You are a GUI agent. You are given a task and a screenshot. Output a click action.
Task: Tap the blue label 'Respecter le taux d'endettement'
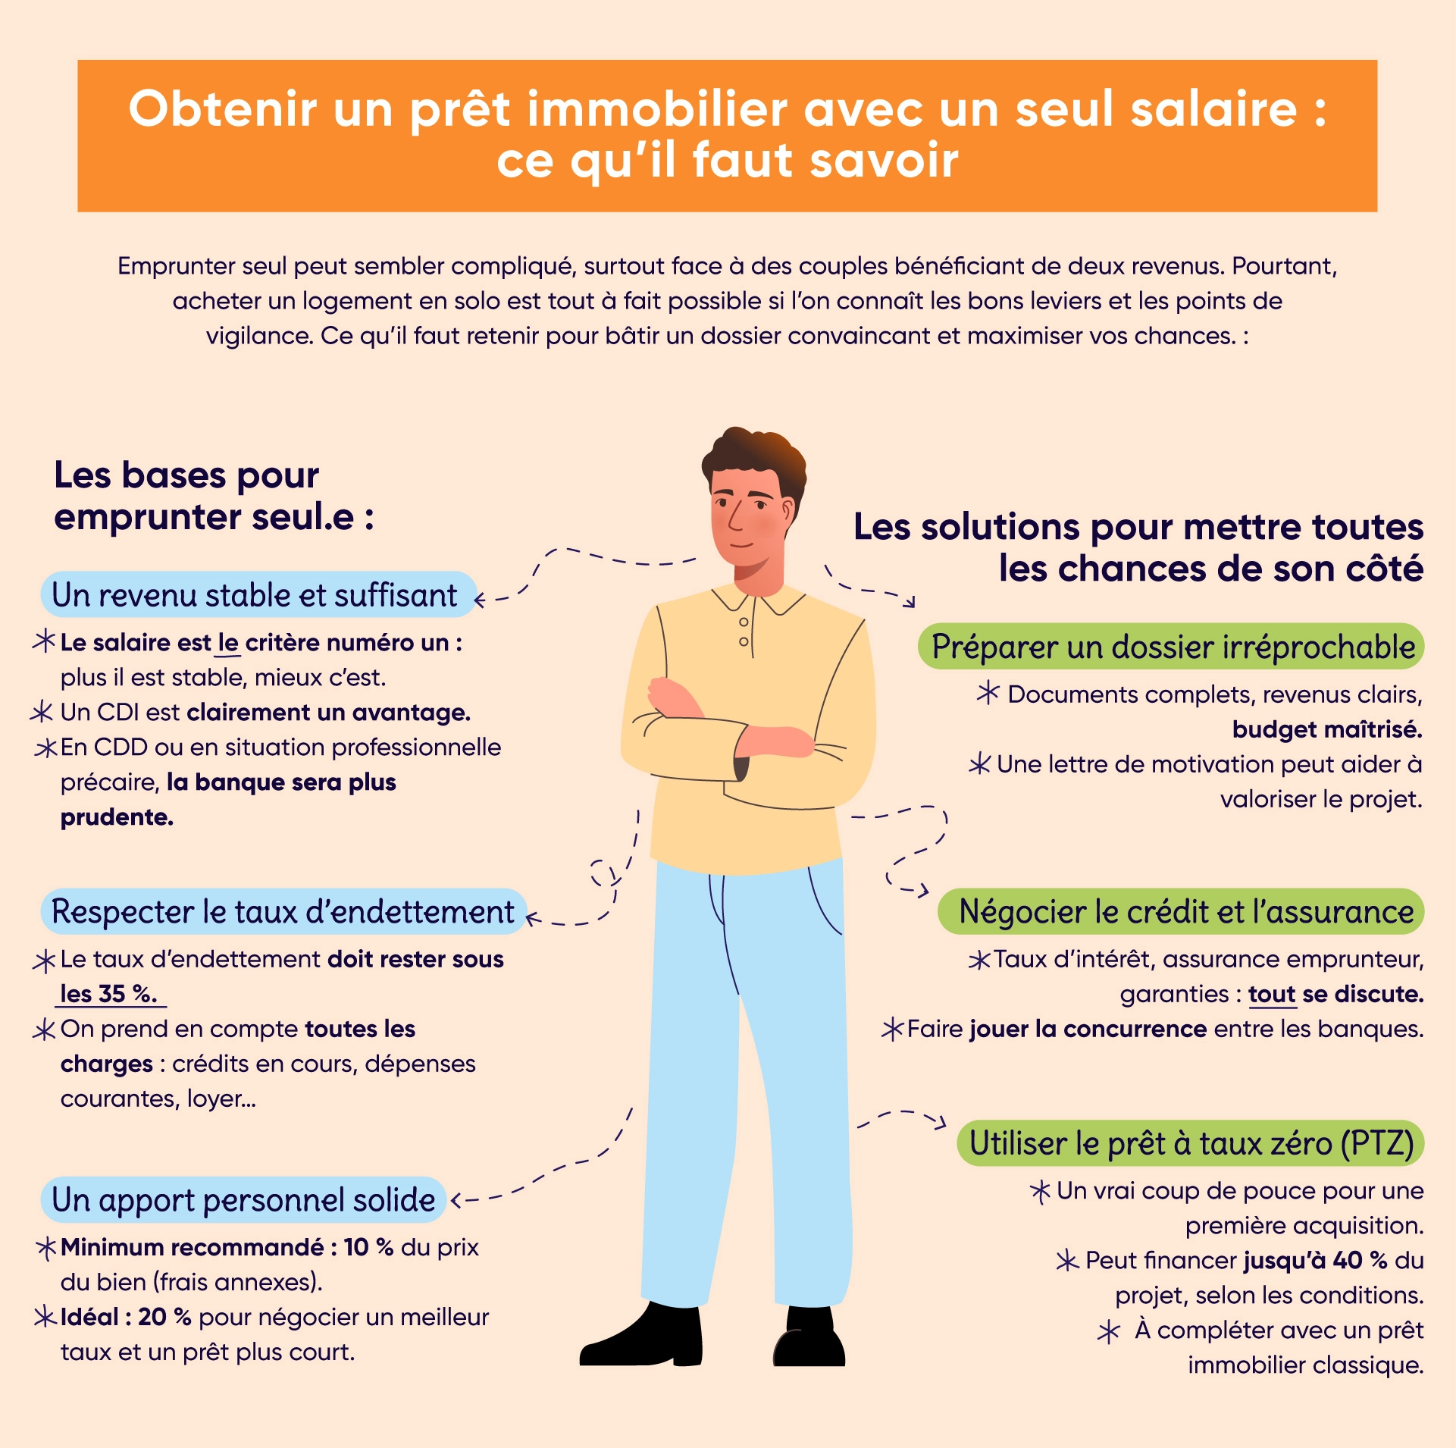[x=283, y=911]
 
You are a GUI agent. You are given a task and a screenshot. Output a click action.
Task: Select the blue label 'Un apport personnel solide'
[x=243, y=1200]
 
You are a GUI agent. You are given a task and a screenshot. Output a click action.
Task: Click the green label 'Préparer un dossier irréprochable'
[x=1172, y=647]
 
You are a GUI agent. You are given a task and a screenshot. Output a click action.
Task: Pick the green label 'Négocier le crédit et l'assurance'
[x=1185, y=911]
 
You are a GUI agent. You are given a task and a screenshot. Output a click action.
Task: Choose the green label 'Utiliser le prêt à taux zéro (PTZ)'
[x=1191, y=1143]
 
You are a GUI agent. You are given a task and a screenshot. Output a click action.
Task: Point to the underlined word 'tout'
[x=1271, y=994]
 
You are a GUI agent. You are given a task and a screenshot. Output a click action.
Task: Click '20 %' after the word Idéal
[x=164, y=1317]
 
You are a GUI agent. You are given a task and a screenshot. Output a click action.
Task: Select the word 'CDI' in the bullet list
[x=117, y=713]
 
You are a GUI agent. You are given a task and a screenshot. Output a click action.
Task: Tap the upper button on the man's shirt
[x=744, y=622]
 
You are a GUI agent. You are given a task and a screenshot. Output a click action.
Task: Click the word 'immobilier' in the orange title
[x=657, y=109]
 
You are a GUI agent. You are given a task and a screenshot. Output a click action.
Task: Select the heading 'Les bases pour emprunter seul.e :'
[x=212, y=497]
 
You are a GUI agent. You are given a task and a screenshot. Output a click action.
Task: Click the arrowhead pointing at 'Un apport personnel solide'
[x=456, y=1201]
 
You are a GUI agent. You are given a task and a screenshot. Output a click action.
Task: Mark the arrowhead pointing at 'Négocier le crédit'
[x=924, y=891]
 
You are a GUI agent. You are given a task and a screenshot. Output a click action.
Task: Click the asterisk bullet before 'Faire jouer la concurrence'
[x=892, y=1029]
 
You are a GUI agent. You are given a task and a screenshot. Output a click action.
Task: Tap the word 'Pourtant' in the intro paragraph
[x=1283, y=266]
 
